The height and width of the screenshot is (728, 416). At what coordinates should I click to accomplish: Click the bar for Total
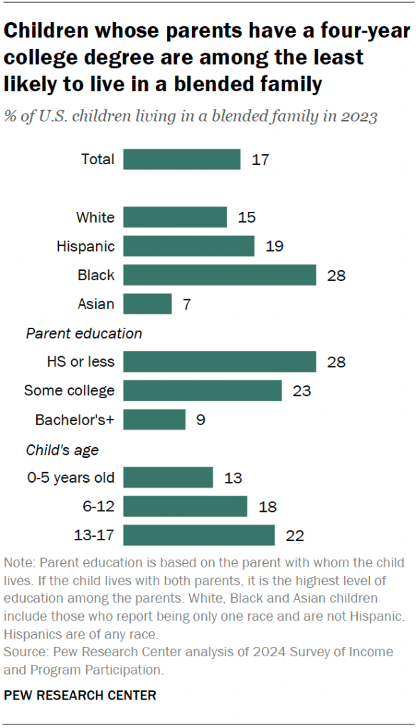[x=181, y=159]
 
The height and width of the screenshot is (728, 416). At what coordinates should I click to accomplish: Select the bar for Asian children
[x=147, y=304]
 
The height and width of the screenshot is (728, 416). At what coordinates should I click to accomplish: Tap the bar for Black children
[x=219, y=275]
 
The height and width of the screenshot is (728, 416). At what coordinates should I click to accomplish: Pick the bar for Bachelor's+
[x=154, y=420]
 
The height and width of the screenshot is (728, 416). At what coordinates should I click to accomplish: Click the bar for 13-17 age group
[x=198, y=535]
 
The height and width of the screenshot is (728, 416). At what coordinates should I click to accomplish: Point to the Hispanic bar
[x=188, y=246]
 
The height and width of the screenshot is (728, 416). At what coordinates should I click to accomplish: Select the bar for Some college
[x=202, y=391]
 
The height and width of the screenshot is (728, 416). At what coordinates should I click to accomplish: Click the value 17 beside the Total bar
[x=260, y=159]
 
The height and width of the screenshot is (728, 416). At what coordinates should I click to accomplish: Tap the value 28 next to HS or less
[x=336, y=362]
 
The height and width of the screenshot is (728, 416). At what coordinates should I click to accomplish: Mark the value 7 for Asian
[x=186, y=304]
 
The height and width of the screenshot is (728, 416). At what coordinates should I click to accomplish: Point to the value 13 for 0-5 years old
[x=233, y=478]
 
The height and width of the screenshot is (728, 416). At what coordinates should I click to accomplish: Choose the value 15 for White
[x=247, y=218]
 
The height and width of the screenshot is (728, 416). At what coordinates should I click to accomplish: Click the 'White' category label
[x=95, y=218]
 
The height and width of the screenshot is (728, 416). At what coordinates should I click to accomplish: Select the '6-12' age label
[x=98, y=507]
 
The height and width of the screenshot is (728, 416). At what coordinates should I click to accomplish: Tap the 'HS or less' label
[x=80, y=362]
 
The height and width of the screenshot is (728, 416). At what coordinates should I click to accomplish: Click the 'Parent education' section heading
[x=84, y=333]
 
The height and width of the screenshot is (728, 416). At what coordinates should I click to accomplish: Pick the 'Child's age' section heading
[x=62, y=449]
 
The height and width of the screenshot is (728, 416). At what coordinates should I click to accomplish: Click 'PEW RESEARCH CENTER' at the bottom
[x=80, y=695]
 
